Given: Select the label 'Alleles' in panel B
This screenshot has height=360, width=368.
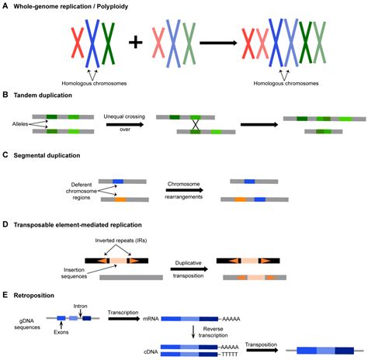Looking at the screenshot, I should tap(23, 123).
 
